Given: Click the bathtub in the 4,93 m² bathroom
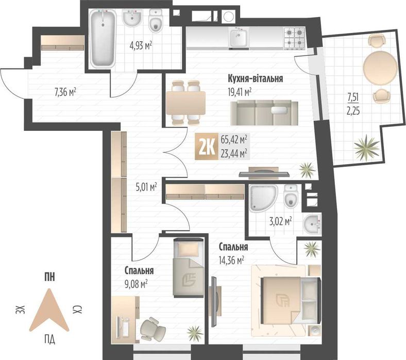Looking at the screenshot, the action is (102, 39).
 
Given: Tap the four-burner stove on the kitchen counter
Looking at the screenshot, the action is (294, 38).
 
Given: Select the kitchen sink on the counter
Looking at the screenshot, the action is (238, 38).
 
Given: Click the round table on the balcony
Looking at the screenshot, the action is (380, 67).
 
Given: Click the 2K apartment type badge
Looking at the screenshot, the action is (207, 146).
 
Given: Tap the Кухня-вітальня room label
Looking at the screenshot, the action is (255, 78).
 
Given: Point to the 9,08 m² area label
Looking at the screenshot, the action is (136, 284).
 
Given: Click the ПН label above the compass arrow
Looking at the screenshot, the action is (49, 278).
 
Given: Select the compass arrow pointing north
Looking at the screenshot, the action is (49, 311).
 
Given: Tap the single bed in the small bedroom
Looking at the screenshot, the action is (188, 268).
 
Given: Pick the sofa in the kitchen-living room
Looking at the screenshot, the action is (264, 113).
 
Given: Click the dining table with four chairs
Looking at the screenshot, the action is (186, 102).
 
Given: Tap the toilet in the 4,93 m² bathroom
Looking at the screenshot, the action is (156, 21).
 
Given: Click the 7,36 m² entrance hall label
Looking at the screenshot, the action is (65, 92).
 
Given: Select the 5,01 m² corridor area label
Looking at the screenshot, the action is (146, 187).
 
